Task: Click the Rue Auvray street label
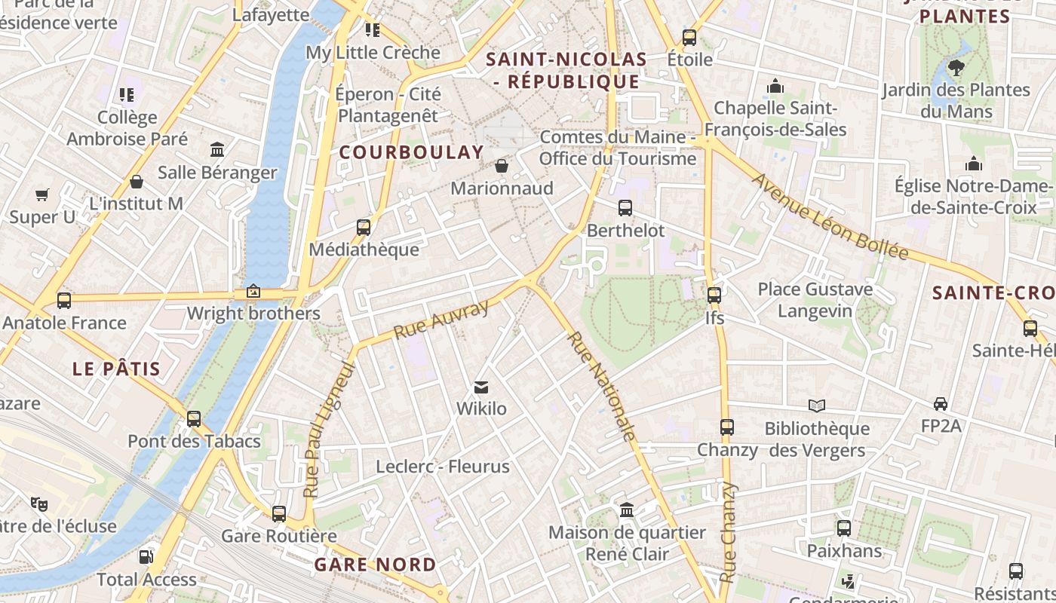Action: click(x=442, y=319)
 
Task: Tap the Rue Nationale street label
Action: click(x=601, y=386)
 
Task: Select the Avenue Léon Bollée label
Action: click(x=830, y=217)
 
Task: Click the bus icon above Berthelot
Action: click(x=625, y=208)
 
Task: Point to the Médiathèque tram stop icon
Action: click(x=364, y=227)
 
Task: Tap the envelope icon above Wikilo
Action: click(x=481, y=388)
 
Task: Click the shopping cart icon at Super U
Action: click(x=42, y=195)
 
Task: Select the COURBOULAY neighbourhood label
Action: click(x=411, y=152)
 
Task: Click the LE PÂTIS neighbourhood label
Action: click(x=116, y=369)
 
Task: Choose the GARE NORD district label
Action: click(x=375, y=565)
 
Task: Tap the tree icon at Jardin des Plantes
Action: click(x=956, y=68)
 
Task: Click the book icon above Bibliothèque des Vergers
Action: click(x=817, y=406)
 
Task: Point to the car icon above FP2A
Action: click(x=941, y=403)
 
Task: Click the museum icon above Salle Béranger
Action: click(x=217, y=149)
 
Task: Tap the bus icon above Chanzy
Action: click(x=726, y=427)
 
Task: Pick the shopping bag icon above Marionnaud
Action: click(x=502, y=165)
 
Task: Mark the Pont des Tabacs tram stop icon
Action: click(x=194, y=419)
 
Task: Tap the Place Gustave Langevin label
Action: click(x=815, y=300)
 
